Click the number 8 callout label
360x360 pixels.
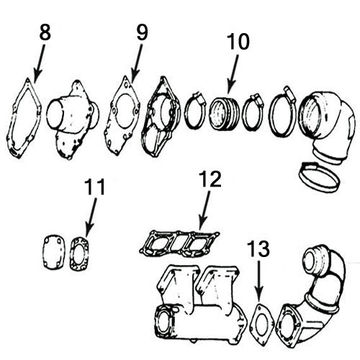45,33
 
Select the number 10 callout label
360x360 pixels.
238,42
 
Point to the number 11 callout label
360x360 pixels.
94,189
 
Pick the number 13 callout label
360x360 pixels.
259,250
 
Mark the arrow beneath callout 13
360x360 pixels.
259,284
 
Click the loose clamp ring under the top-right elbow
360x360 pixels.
318,175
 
